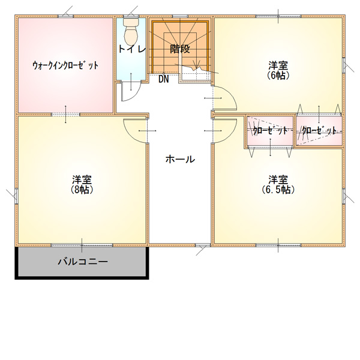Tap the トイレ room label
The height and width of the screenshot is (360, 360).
coord(132,49)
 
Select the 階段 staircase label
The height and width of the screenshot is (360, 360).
coord(180,49)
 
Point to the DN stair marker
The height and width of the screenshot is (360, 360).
coord(164,79)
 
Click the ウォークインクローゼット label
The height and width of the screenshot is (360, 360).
coord(65,65)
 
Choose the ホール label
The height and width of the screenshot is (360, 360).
coord(180,159)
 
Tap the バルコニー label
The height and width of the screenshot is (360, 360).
coord(83,262)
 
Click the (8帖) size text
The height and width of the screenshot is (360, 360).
coord(82,190)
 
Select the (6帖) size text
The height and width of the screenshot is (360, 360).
coord(278,76)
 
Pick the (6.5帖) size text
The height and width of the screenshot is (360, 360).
coord(278,190)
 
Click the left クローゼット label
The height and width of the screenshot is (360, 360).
coord(270,131)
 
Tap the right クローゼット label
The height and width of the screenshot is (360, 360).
coord(319,131)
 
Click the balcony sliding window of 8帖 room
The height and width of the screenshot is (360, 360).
coord(82,245)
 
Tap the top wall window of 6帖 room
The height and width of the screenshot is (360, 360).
coord(278,16)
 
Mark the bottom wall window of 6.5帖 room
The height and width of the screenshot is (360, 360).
coord(278,245)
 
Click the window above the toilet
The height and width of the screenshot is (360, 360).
coord(131,16)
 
